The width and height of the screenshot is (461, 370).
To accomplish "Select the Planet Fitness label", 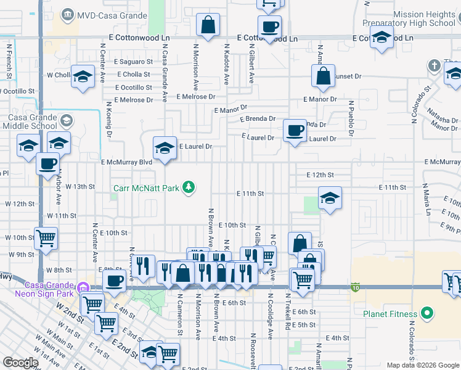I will click(x=390, y=313).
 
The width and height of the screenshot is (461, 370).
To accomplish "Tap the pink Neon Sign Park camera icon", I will click(x=82, y=287).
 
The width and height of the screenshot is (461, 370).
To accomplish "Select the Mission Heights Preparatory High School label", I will click(x=415, y=18).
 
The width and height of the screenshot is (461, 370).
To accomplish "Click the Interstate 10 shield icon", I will click(x=356, y=287).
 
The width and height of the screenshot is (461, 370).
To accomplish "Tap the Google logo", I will click(x=20, y=363).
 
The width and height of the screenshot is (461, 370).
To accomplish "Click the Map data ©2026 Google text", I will click(x=423, y=365).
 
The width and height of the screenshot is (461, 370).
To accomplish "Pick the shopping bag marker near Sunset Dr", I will click(x=323, y=76).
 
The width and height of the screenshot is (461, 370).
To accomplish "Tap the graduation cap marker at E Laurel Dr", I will click(x=165, y=149).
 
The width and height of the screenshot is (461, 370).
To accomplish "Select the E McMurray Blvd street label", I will click(x=126, y=162).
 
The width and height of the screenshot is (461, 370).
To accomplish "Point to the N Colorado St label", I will click(x=424, y=96).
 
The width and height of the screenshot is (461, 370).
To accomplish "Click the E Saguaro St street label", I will click(x=133, y=62).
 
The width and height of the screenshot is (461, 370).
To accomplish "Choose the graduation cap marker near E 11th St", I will click(x=330, y=199).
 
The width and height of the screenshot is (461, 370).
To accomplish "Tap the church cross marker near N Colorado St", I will click(x=434, y=66).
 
